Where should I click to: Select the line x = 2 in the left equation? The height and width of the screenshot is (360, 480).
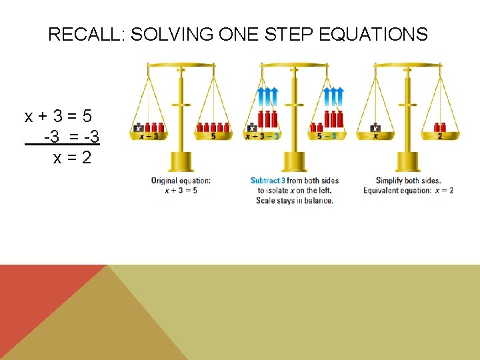coord(72,158)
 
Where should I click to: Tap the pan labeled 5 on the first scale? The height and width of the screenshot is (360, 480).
coord(213,135)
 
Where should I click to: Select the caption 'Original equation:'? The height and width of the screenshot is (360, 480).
coord(181,181)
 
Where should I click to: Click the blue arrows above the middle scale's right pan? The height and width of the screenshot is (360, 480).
coord(333,97)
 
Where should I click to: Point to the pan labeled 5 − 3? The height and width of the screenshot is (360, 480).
coord(326,135)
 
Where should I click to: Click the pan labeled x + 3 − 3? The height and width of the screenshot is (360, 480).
coord(263,135)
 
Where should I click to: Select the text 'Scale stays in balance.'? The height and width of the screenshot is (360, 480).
coord(294,200)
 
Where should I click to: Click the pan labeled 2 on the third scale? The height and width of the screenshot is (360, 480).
coord(440,135)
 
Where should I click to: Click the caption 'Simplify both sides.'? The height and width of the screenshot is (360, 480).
coord(408,181)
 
